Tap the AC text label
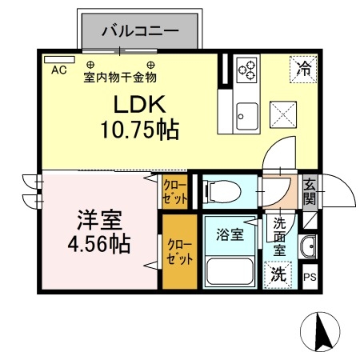58,70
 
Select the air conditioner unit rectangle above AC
54,59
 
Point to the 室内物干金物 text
120,77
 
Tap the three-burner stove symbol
246,70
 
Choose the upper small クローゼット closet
175,192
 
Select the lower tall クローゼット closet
178,251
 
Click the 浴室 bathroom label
229,235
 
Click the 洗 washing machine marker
278,273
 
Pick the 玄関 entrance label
310,192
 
